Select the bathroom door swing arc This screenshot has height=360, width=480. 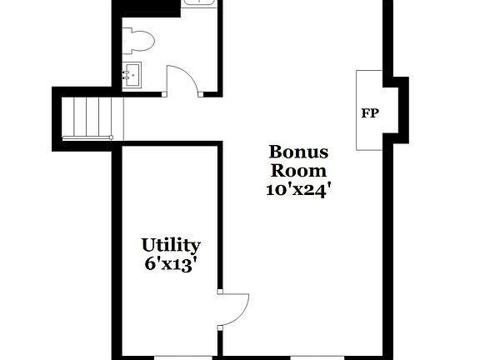(183, 79)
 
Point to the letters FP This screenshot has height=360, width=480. (369, 112)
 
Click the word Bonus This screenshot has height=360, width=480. (297, 152)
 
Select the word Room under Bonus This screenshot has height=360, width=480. (297, 171)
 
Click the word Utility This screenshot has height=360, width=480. (170, 245)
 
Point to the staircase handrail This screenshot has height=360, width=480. (87, 136)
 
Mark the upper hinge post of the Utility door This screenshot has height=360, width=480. (220, 292)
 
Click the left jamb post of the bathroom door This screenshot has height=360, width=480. (166, 94)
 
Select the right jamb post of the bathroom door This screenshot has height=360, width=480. (201, 94)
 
